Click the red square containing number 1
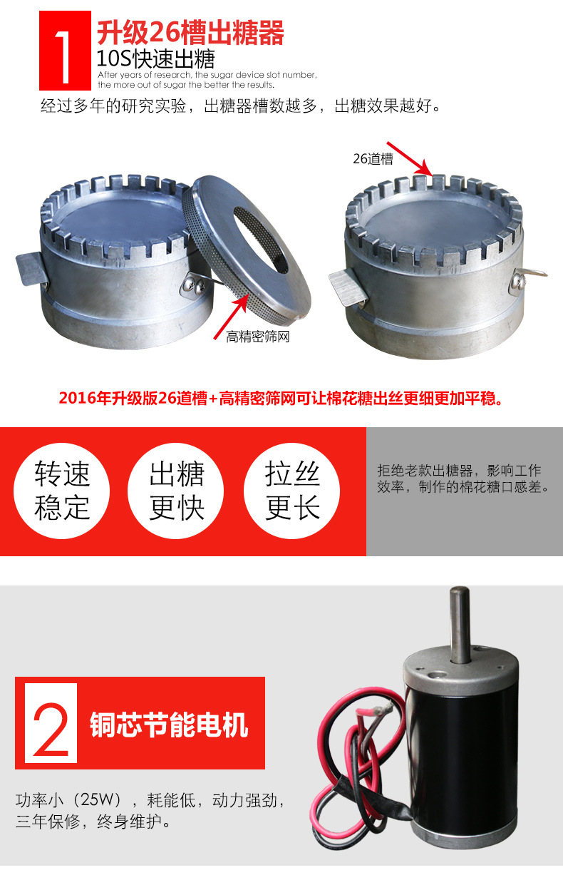[65, 51]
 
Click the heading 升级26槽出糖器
[190, 33]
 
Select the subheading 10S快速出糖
[155, 59]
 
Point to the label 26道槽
[373, 159]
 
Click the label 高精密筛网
[258, 337]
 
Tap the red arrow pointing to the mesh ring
[232, 316]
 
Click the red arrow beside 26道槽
[410, 158]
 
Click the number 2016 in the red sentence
[77, 399]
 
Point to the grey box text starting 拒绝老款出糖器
[463, 479]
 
